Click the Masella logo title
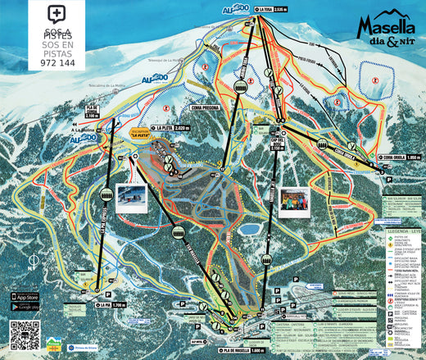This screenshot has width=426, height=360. pos(386,30)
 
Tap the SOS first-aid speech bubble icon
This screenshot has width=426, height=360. pos(56,14)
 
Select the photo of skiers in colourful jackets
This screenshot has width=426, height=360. pos(295,202)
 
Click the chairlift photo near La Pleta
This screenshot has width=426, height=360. pos(131,197)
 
